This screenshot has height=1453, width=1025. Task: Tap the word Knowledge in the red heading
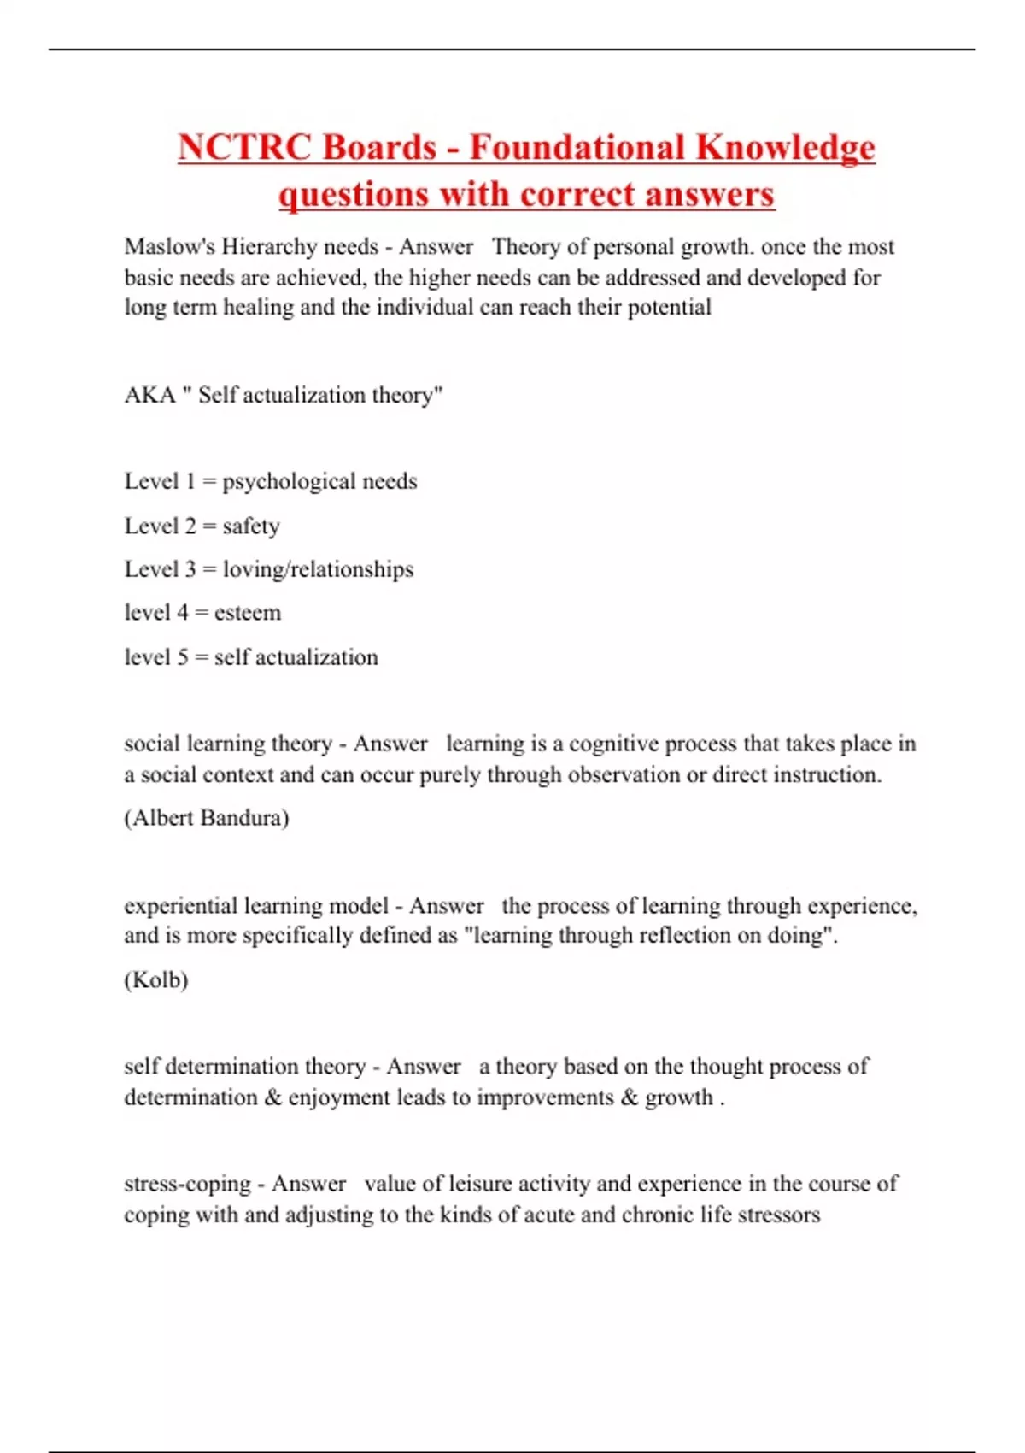pyautogui.click(x=785, y=148)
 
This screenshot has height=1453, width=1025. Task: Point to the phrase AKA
pyautogui.click(x=149, y=395)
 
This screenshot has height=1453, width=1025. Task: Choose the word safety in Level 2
pyautogui.click(x=251, y=526)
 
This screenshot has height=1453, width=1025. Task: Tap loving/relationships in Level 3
pyautogui.click(x=318, y=569)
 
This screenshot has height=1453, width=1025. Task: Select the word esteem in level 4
pyautogui.click(x=248, y=613)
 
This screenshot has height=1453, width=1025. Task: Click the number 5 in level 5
pyautogui.click(x=183, y=657)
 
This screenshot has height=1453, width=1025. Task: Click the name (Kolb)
pyautogui.click(x=156, y=979)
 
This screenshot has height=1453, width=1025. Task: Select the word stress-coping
pyautogui.click(x=187, y=1184)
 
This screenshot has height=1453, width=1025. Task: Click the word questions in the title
pyautogui.click(x=354, y=195)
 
